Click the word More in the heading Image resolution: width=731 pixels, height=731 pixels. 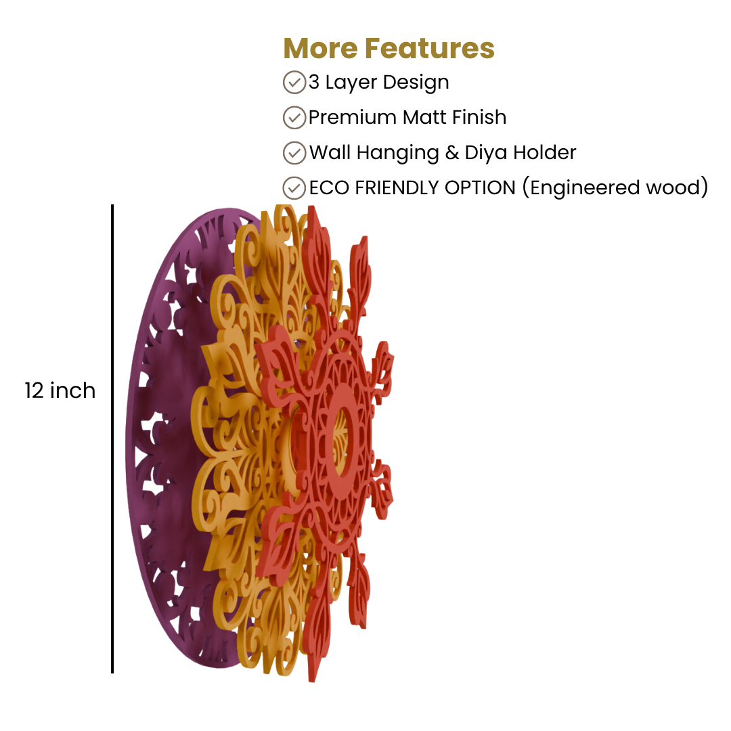coord(320,49)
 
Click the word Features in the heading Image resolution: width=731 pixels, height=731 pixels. coord(429,49)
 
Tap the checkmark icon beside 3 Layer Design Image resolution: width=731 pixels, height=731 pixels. coord(294,82)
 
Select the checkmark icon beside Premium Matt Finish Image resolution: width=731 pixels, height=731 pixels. coord(294,118)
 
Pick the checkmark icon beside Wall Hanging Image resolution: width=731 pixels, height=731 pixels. coord(294,153)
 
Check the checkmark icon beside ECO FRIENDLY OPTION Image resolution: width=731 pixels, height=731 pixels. coord(294,188)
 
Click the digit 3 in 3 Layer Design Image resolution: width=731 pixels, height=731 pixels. coord(314,82)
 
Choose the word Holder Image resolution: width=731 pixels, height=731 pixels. coord(545,152)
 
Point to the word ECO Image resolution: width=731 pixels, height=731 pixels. coord(329,188)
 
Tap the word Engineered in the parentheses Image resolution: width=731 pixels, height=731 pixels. coord(585,189)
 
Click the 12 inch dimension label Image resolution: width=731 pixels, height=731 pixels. coord(60,391)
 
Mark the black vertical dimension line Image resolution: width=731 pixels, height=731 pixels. coord(112,439)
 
